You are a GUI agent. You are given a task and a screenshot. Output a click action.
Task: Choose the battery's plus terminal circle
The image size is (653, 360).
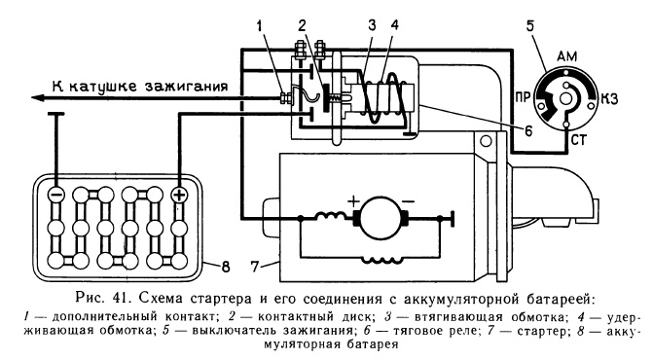(178, 193)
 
